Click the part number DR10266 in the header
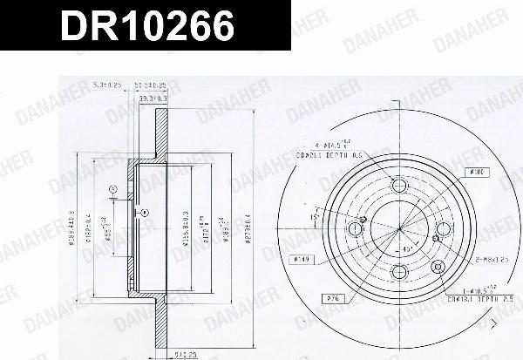146,28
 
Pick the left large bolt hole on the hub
356,230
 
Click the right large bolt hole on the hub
445,230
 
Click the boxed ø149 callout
302,259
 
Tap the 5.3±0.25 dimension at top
104,85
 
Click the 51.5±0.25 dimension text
151,85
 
